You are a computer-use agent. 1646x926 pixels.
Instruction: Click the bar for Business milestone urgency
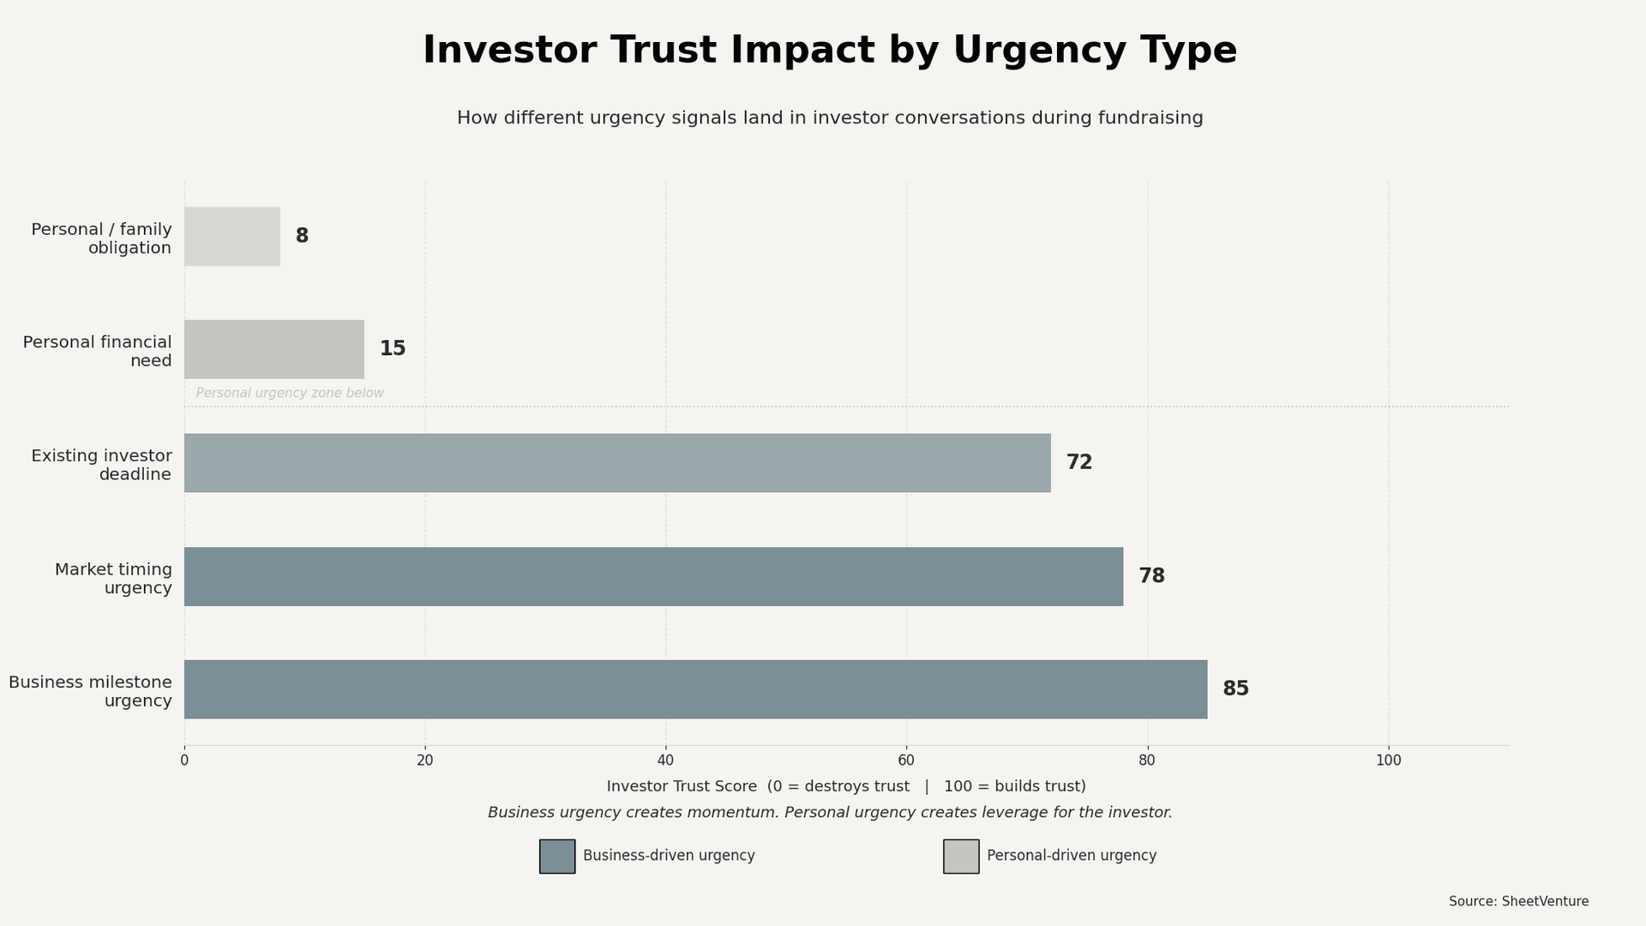tap(695, 689)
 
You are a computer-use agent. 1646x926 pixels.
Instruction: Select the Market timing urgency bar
tap(653, 576)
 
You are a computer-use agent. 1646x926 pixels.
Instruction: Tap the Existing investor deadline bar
tap(617, 463)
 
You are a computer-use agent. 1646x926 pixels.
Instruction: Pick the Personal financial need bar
tap(274, 349)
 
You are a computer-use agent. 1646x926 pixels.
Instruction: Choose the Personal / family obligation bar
tap(232, 236)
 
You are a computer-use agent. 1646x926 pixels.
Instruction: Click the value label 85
tap(1235, 688)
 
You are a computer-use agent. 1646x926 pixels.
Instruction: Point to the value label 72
tap(1078, 462)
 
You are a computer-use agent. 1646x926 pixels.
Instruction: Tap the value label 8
tap(302, 236)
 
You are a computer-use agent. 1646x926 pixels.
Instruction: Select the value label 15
tap(393, 349)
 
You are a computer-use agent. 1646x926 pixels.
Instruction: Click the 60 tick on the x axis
tap(906, 761)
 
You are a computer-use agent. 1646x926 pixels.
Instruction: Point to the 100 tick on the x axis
tap(1388, 761)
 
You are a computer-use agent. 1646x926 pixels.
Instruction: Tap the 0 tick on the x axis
tap(184, 761)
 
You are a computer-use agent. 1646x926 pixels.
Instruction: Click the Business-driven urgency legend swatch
tap(557, 856)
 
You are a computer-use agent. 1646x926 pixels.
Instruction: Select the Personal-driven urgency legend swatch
tap(961, 856)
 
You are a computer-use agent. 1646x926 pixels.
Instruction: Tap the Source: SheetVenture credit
tap(1518, 901)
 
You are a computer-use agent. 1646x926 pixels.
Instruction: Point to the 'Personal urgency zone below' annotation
tap(290, 394)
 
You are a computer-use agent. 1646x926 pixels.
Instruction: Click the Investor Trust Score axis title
tap(682, 786)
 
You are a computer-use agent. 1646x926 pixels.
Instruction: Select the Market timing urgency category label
tap(113, 579)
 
